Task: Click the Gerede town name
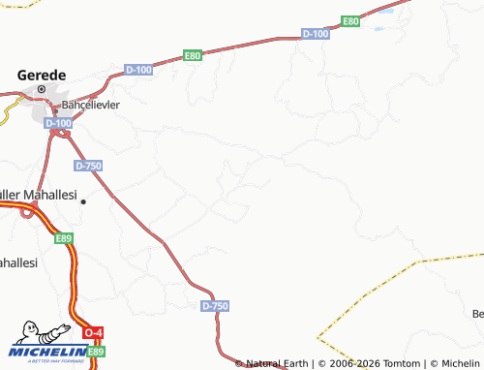(x=42, y=75)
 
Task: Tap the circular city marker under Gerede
(x=42, y=90)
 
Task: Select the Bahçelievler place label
(x=90, y=104)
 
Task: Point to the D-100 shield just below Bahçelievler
(x=59, y=123)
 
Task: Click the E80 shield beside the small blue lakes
(x=350, y=21)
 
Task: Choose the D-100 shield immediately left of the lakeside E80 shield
(x=316, y=33)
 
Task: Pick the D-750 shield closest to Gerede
(x=88, y=166)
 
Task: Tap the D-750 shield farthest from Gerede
(x=216, y=306)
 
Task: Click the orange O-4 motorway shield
(x=93, y=333)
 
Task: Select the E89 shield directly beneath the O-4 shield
(x=95, y=353)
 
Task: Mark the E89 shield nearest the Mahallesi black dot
(x=64, y=237)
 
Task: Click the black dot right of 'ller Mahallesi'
(x=83, y=201)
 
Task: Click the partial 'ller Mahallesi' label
(x=38, y=195)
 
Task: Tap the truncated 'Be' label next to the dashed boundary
(x=477, y=314)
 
